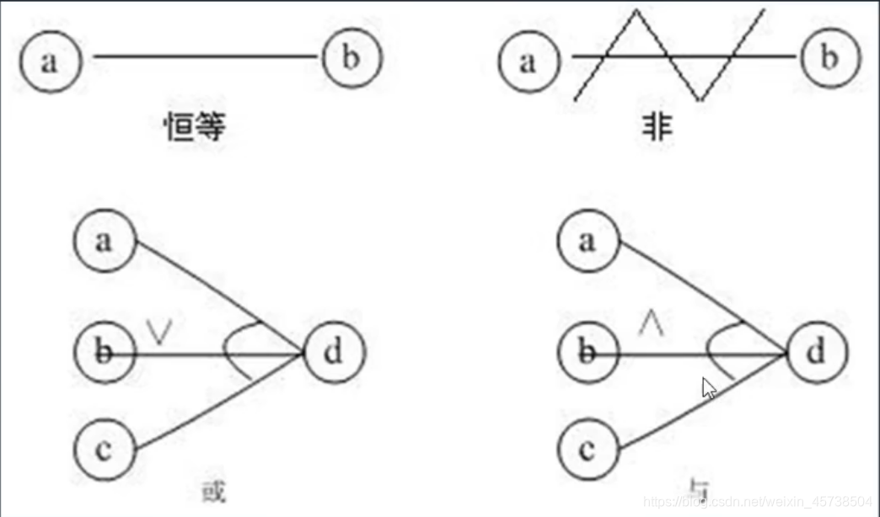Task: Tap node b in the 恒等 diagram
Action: tap(351, 59)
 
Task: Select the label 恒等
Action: tap(196, 127)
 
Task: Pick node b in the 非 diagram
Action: tap(830, 59)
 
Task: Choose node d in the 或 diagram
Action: tap(334, 352)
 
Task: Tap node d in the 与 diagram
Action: tap(816, 352)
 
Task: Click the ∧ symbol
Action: tap(650, 323)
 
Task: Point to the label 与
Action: tap(697, 488)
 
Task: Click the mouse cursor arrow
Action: tap(709, 387)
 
